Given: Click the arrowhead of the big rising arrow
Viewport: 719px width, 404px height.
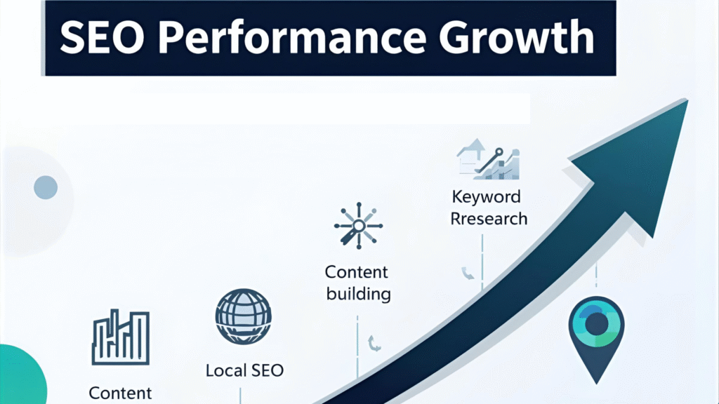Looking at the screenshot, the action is (x=642, y=165).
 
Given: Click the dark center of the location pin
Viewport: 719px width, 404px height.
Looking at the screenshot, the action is (x=597, y=324).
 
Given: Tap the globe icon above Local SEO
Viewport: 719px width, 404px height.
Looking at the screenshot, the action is (x=244, y=316).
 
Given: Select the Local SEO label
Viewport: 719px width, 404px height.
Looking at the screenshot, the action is (x=244, y=370).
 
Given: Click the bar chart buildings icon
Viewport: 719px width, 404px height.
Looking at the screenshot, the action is (x=121, y=337).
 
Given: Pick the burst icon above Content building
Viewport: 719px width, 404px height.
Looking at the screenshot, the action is (x=359, y=226).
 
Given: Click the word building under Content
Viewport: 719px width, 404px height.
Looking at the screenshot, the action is (x=359, y=294).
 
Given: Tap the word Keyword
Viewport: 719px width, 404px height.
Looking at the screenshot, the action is (x=487, y=197).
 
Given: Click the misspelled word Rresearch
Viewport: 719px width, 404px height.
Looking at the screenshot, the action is (x=489, y=219).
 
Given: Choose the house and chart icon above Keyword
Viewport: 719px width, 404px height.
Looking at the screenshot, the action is (x=488, y=159).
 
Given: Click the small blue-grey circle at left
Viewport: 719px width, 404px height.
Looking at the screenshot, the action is (x=46, y=187).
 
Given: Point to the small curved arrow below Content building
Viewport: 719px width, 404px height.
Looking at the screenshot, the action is (x=374, y=343).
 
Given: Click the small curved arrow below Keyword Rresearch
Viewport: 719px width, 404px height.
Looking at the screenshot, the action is (x=467, y=273).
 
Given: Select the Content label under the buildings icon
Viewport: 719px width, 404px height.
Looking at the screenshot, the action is (x=120, y=393).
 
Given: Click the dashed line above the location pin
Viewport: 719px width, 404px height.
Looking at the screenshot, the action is (x=596, y=276).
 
